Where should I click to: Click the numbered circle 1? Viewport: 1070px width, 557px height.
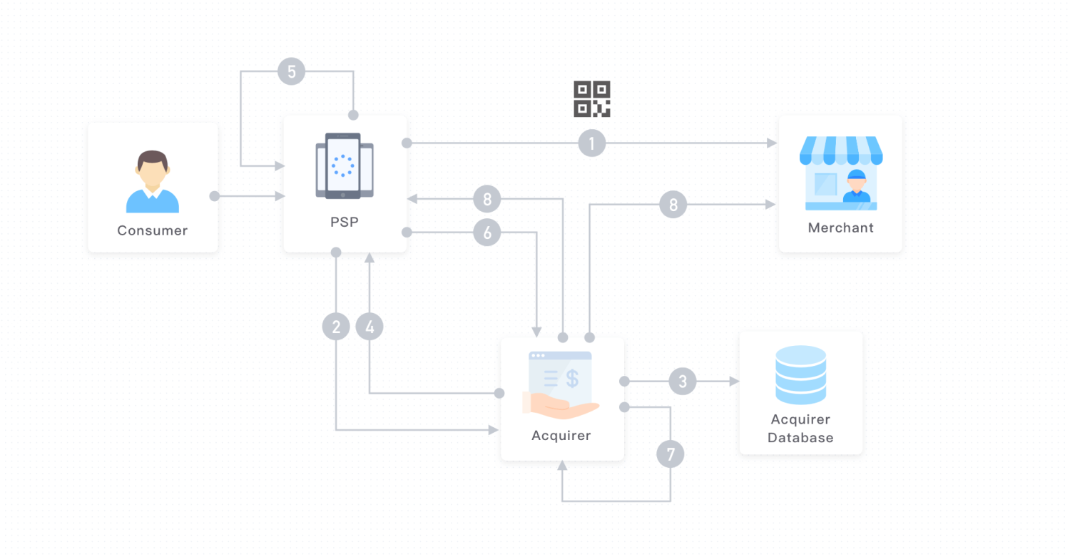591,143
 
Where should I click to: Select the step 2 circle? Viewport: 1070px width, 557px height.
336,327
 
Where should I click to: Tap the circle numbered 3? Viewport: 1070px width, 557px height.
683,382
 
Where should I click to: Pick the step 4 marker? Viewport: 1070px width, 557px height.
370,327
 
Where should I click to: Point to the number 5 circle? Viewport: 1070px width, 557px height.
291,71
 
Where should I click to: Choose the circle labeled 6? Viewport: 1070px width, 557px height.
487,232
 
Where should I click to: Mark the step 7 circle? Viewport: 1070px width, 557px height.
671,454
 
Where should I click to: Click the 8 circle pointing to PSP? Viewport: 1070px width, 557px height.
487,199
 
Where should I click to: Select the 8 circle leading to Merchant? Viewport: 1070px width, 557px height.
673,205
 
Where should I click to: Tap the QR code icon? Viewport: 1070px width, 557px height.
592,98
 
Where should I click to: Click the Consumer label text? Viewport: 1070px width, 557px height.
153,230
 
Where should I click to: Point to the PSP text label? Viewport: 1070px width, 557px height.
345,222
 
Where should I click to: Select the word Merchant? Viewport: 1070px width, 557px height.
840,228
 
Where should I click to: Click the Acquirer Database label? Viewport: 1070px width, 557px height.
800,429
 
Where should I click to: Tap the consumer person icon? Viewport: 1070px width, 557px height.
153,182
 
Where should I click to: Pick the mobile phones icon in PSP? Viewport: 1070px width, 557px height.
345,165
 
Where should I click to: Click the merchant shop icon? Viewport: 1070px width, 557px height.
841,173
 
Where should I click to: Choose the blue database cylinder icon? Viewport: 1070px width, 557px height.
800,375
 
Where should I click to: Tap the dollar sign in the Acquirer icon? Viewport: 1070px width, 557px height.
572,378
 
